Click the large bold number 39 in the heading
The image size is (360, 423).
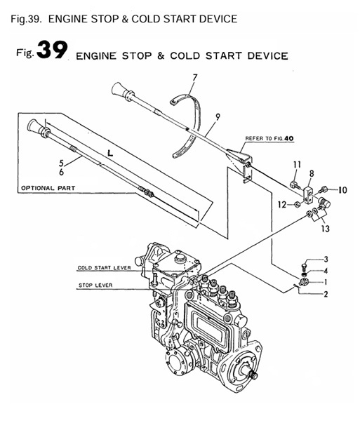(49, 52)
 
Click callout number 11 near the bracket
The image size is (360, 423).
(296, 165)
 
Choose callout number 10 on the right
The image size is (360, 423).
(342, 189)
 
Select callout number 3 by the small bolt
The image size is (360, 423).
(325, 260)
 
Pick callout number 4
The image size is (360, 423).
(325, 271)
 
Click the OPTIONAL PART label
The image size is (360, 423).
(48, 188)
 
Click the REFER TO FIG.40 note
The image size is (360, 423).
(268, 138)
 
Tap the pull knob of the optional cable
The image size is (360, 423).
(35, 127)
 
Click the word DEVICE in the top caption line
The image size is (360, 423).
(213, 18)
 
